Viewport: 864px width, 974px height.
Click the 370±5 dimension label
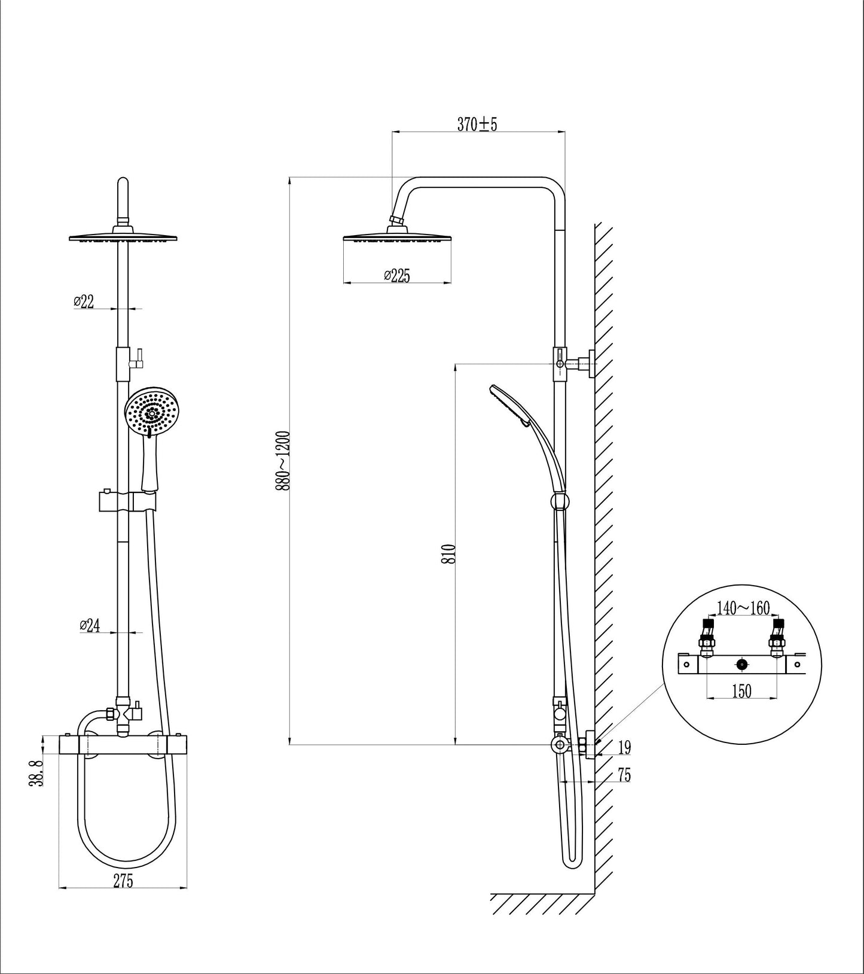pos(477,124)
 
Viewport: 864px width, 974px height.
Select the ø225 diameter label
pos(396,275)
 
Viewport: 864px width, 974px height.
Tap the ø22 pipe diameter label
pos(84,302)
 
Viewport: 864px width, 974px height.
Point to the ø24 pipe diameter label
pos(89,625)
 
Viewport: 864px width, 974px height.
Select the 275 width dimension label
pos(122,881)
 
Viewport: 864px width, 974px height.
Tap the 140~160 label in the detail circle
pos(743,608)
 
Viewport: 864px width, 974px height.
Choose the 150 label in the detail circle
pos(742,691)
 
